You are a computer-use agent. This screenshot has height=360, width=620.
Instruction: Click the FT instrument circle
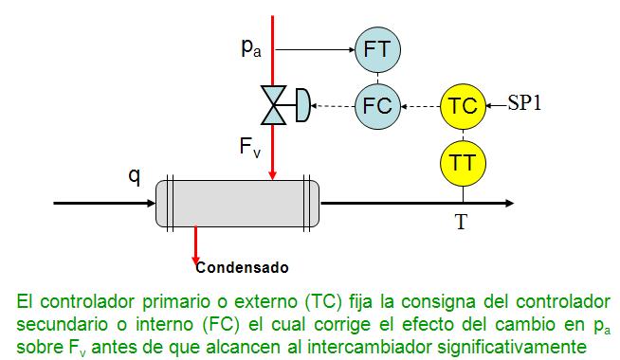[x=377, y=49]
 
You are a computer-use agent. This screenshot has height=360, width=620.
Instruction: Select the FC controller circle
[x=377, y=105]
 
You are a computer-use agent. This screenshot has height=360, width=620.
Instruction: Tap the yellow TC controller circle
[x=463, y=105]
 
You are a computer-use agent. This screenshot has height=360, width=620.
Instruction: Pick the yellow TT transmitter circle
[x=463, y=162]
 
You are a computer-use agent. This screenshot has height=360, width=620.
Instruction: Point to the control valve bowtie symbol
[x=273, y=105]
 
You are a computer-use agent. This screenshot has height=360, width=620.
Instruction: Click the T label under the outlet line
[x=461, y=223]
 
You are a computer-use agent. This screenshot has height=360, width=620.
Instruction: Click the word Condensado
[x=242, y=266]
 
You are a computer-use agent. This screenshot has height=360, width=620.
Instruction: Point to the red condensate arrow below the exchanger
[x=195, y=243]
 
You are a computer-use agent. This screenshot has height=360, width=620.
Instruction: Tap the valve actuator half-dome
[x=301, y=105]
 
